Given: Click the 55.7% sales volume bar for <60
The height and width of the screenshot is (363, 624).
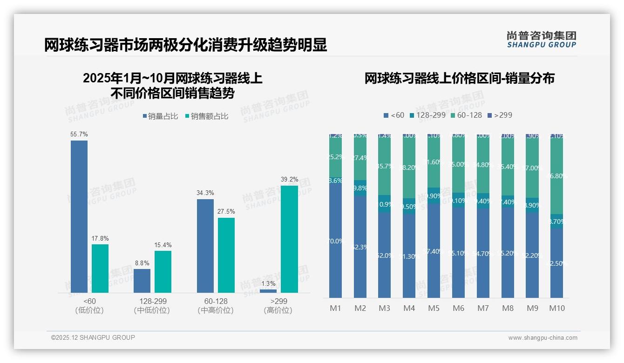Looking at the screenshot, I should click(79, 216).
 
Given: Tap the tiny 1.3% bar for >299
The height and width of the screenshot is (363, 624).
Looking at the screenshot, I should click(268, 291).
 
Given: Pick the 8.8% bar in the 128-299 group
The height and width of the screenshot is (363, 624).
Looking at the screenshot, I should click(142, 281).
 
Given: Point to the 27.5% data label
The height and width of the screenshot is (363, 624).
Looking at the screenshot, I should click(226, 211).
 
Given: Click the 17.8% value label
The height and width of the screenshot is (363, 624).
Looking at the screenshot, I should click(100, 238).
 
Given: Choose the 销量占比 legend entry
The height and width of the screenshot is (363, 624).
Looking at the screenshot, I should click(160, 116).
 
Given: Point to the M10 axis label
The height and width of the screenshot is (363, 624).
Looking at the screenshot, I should click(556, 308).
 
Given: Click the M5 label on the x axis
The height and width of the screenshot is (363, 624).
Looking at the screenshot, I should click(434, 308).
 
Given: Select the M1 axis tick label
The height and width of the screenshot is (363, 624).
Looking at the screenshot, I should click(335, 308).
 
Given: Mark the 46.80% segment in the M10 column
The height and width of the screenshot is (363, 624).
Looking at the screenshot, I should click(556, 176).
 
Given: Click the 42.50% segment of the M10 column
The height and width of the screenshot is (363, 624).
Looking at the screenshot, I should click(556, 263).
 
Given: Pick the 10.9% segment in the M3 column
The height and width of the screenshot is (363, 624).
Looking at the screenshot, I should click(384, 204).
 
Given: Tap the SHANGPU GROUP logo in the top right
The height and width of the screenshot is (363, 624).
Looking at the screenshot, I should click(541, 40).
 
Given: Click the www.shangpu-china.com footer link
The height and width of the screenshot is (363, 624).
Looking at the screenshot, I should click(543, 338).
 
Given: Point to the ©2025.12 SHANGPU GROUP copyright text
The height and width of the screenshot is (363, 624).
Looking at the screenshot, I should click(93, 338).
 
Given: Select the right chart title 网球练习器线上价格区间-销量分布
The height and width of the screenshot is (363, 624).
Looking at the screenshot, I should click(459, 79).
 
